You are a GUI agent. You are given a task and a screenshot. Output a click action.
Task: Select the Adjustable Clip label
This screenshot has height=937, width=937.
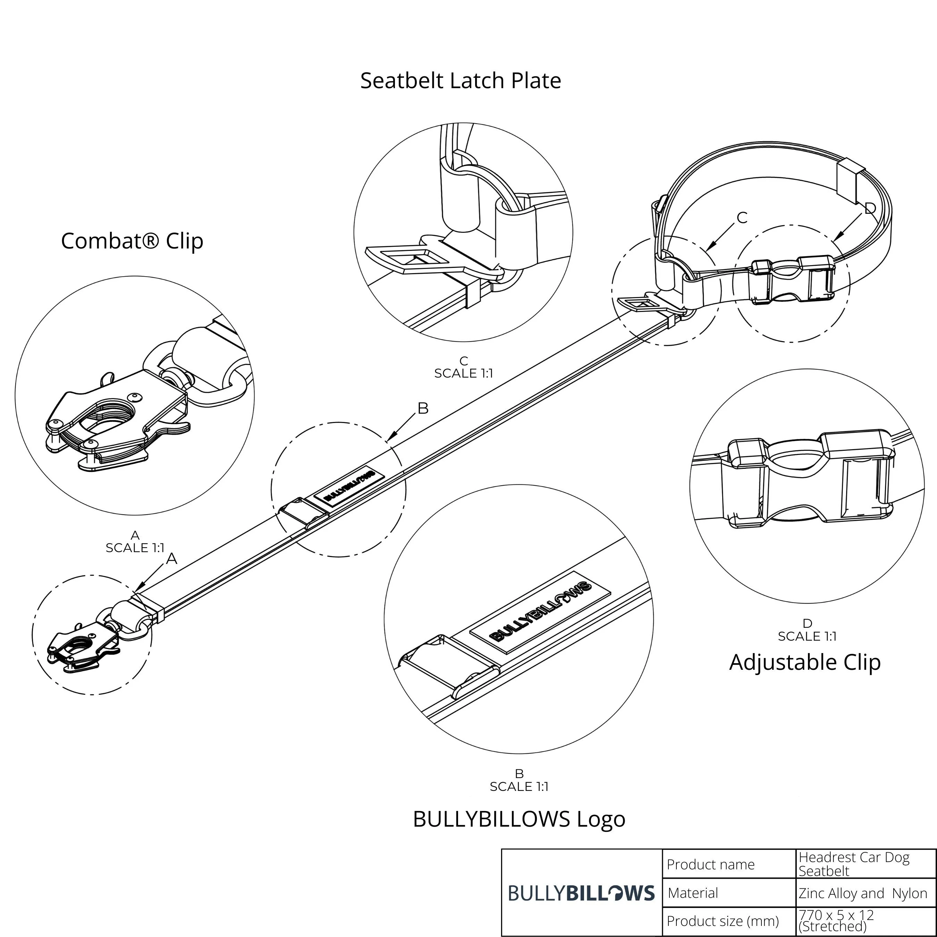(804, 662)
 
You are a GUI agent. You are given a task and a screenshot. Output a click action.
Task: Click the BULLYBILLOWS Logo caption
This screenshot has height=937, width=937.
(519, 819)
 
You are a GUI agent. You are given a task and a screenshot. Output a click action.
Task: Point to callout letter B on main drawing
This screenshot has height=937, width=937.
(423, 408)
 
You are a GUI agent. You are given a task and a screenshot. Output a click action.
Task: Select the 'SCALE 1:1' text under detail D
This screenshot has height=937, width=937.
(807, 636)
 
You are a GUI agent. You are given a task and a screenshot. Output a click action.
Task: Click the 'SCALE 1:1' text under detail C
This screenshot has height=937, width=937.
(463, 373)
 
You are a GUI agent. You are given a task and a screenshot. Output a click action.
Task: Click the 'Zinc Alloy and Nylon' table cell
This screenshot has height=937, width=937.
(863, 893)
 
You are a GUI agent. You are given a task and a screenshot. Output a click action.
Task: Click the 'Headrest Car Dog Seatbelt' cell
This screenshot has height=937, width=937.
(854, 864)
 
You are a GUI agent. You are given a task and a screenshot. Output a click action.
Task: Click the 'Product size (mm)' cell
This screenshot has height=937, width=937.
(723, 921)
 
